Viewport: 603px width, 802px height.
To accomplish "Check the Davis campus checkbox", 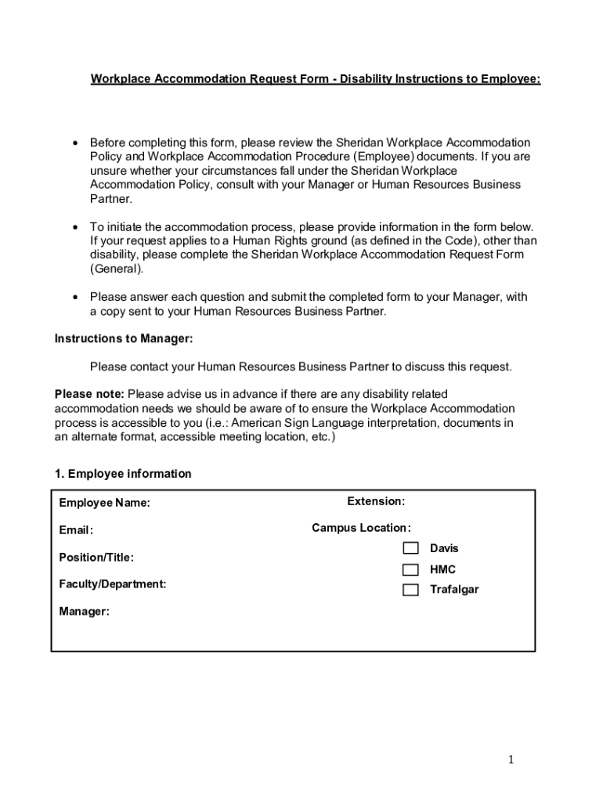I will click(410, 548).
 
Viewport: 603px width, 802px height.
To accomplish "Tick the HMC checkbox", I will click(410, 569).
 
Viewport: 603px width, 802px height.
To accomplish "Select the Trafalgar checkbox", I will click(410, 590).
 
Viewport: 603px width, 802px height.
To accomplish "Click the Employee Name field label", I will click(104, 503).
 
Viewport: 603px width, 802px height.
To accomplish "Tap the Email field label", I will click(76, 530).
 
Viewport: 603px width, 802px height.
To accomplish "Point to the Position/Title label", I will click(96, 558).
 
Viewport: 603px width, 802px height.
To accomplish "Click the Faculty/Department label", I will click(112, 584).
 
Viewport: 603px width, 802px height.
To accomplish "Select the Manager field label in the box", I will click(84, 612).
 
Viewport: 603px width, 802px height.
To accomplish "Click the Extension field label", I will click(376, 501).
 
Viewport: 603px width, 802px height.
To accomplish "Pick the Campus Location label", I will click(361, 528).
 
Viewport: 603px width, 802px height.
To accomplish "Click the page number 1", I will click(510, 759).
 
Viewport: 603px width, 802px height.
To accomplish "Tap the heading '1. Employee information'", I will click(123, 474).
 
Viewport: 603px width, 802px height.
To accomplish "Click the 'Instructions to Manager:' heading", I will click(123, 338).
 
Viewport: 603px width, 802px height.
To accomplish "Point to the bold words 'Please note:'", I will click(89, 394).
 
